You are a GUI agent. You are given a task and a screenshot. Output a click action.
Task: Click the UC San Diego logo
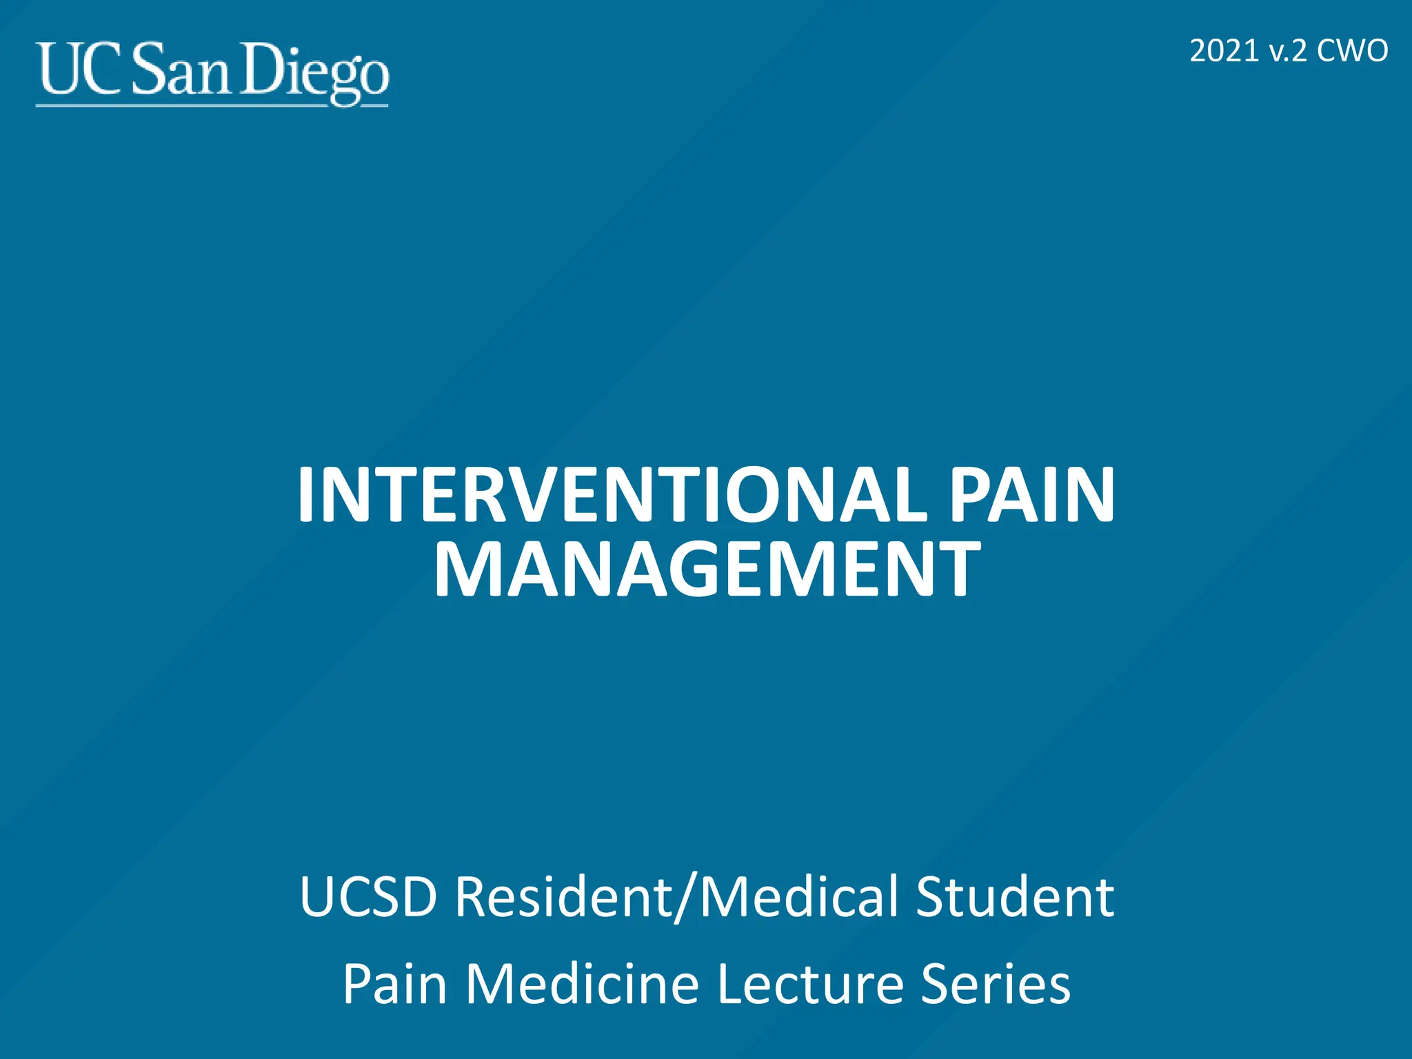(212, 72)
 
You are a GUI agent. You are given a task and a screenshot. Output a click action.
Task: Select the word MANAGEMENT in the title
(707, 569)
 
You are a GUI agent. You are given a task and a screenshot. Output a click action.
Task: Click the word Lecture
(809, 984)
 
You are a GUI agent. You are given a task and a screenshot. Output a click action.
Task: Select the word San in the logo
(180, 70)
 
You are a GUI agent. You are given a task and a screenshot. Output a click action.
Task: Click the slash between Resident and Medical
(685, 898)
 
